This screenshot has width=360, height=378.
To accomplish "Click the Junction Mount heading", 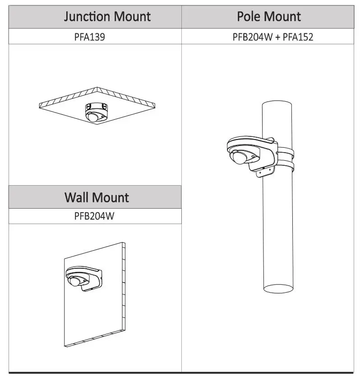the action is pyautogui.click(x=107, y=17).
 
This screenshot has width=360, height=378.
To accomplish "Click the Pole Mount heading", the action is pyautogui.click(x=269, y=17).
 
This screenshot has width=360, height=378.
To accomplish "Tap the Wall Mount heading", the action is pyautogui.click(x=96, y=197).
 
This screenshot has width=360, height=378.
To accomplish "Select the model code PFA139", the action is pyautogui.click(x=90, y=37).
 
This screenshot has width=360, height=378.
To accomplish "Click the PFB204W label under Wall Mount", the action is pyautogui.click(x=94, y=216).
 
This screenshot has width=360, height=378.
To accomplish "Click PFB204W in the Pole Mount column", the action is pyautogui.click(x=253, y=37).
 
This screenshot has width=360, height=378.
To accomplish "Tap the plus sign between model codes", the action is pyautogui.click(x=277, y=37).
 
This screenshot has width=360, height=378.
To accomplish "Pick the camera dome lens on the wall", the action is pyautogui.click(x=73, y=281).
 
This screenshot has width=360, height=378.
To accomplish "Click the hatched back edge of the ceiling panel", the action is pyautogui.click(x=97, y=94).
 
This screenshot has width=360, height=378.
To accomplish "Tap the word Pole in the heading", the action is pyautogui.click(x=251, y=17).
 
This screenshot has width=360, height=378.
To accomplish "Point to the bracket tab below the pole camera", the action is pyautogui.click(x=262, y=172).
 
